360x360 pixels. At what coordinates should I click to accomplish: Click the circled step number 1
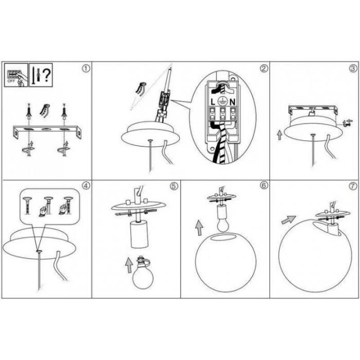click(x=86, y=68)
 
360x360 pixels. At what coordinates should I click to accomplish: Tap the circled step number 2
click(x=264, y=68)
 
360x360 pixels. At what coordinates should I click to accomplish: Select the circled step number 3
click(x=353, y=68)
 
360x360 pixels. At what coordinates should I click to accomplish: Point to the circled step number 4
click(x=86, y=186)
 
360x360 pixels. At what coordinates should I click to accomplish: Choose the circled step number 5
click(x=174, y=186)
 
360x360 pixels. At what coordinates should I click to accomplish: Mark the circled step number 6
click(x=264, y=186)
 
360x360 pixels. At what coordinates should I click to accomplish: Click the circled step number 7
click(x=353, y=186)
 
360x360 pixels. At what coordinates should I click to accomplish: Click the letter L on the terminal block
click(x=213, y=102)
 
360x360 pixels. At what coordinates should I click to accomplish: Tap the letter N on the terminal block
click(x=232, y=102)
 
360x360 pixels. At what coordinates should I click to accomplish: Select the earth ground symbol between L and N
click(x=223, y=101)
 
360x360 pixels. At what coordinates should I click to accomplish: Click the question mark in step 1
click(x=47, y=75)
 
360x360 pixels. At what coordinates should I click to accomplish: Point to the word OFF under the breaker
click(x=11, y=81)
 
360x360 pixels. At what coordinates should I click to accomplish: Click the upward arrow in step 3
click(x=279, y=135)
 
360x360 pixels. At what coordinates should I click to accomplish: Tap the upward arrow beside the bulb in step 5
click(x=129, y=265)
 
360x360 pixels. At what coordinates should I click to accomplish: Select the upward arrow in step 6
click(x=199, y=228)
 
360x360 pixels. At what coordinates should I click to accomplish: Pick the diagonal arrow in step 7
click(x=289, y=220)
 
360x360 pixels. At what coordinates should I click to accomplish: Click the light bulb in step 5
click(x=142, y=274)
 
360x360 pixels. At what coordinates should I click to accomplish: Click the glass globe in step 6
click(x=226, y=262)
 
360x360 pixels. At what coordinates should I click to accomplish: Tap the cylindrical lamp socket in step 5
click(x=139, y=235)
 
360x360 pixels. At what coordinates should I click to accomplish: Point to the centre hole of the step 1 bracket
click(x=46, y=130)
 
